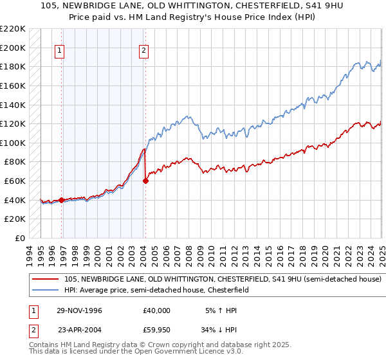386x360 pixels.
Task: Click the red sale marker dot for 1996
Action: [62, 200]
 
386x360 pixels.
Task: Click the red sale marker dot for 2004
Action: [145, 181]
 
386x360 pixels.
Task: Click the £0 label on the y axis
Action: [20, 238]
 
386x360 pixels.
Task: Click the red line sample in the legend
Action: [46, 280]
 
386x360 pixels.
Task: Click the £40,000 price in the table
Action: [157, 310]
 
